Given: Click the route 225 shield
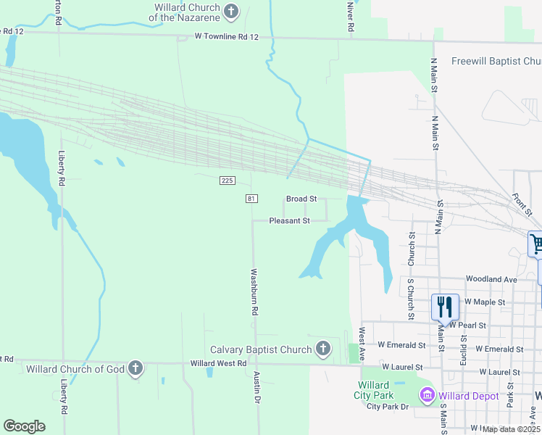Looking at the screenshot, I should click(x=225, y=180).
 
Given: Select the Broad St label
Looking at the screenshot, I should click(x=301, y=199).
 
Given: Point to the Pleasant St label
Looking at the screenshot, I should click(x=290, y=220).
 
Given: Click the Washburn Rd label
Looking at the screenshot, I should click(x=254, y=291).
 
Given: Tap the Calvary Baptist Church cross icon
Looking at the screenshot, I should click(x=323, y=349).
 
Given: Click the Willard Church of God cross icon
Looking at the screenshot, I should click(x=134, y=368).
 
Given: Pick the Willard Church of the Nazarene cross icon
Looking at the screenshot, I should click(x=231, y=11).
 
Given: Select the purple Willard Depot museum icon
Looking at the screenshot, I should click(x=427, y=396).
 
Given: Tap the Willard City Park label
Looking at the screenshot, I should click(x=375, y=390).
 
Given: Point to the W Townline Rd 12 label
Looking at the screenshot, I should click(x=227, y=36).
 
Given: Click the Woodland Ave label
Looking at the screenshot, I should click(x=491, y=279).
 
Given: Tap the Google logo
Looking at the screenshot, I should click(x=24, y=426).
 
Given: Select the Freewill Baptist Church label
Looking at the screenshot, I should click(x=496, y=62).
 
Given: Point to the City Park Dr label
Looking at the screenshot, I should click(x=388, y=407).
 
